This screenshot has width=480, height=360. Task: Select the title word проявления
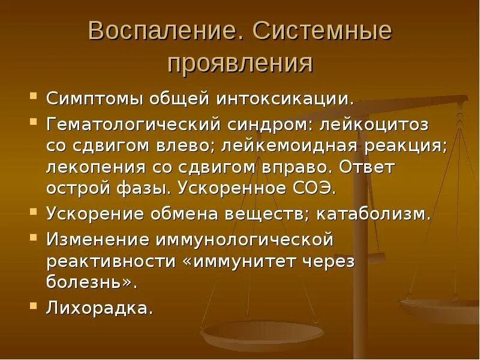pyautogui.click(x=240, y=62)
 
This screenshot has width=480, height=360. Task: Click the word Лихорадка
pyautogui.click(x=98, y=309)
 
